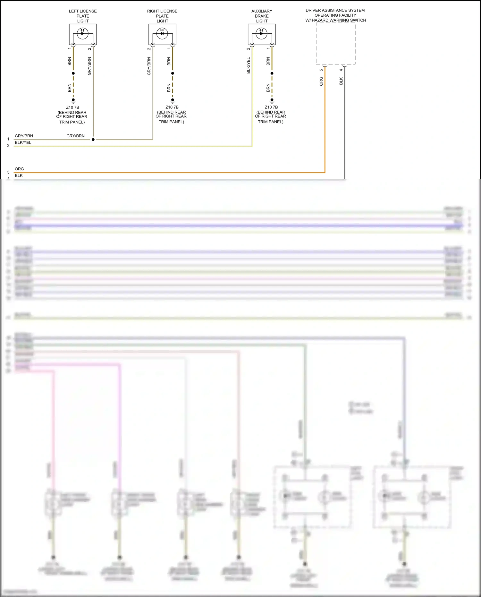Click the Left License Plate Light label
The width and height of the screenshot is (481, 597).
pyautogui.click(x=83, y=16)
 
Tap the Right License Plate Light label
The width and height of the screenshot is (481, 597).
pyautogui.click(x=162, y=16)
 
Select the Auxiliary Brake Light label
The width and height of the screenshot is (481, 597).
pyautogui.click(x=262, y=16)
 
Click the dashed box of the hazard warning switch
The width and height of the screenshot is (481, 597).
pyautogui.click(x=335, y=44)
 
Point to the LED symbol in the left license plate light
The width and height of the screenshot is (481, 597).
pyautogui.click(x=83, y=33)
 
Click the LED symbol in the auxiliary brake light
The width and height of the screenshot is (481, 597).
pyautogui.click(x=262, y=33)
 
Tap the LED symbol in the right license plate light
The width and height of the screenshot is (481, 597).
pyautogui.click(x=162, y=33)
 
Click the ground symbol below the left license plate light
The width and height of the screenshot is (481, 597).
pyautogui.click(x=73, y=100)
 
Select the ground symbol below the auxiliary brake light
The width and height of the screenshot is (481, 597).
pyautogui.click(x=272, y=100)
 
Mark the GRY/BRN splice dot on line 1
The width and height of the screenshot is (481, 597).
pyautogui.click(x=93, y=140)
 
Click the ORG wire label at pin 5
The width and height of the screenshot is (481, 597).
pyautogui.click(x=321, y=81)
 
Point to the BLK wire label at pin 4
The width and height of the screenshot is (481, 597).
pyautogui.click(x=341, y=81)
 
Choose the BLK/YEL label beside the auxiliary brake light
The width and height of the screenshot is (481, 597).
pyautogui.click(x=249, y=65)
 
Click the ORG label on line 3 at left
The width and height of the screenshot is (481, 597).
pyautogui.click(x=19, y=169)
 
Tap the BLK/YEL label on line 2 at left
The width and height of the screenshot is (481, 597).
pyautogui.click(x=23, y=142)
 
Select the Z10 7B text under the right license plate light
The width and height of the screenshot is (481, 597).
pyautogui.click(x=172, y=107)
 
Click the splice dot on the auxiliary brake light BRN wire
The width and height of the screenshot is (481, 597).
pyautogui.click(x=272, y=73)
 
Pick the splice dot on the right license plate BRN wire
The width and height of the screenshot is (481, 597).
pyautogui.click(x=173, y=73)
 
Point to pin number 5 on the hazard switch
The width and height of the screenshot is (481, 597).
pyautogui.click(x=321, y=70)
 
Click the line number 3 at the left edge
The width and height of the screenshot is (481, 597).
pyautogui.click(x=8, y=172)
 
